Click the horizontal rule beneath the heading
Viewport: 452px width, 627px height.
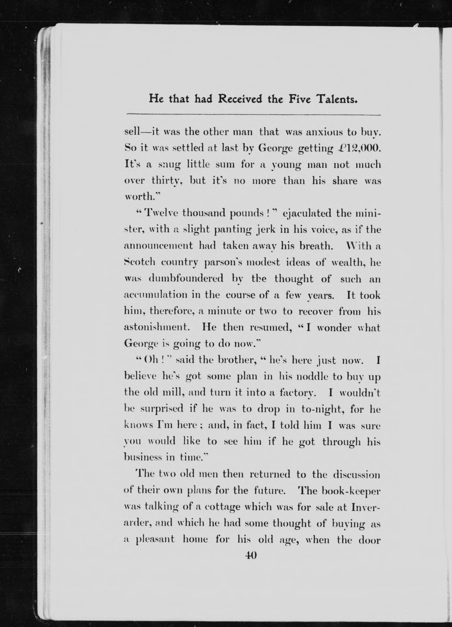[253, 114]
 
